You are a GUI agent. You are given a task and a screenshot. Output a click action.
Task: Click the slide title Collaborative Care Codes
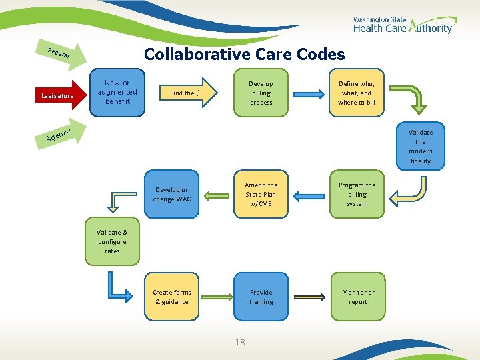[245, 55]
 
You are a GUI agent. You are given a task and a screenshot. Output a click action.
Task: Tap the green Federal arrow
[63, 54]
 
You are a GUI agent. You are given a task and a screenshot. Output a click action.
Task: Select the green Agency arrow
[60, 135]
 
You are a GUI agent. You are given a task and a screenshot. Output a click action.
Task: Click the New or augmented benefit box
[117, 93]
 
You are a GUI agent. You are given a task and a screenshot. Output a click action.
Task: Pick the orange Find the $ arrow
[187, 93]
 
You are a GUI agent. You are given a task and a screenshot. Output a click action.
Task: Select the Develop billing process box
[261, 93]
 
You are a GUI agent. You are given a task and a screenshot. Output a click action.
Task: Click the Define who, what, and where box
[357, 93]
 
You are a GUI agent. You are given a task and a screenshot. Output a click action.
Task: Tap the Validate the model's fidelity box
[420, 147]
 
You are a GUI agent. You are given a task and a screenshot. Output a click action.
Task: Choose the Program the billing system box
[357, 195]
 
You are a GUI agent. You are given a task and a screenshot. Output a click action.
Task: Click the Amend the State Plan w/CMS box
[261, 195]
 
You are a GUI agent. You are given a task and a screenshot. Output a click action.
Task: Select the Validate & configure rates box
[112, 242]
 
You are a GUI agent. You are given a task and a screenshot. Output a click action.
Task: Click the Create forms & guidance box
[171, 297]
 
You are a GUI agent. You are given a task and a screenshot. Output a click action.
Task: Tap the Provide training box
[261, 297]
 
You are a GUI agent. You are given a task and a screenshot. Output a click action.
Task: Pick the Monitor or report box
[358, 297]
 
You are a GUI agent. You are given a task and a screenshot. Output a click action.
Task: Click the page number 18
[240, 343]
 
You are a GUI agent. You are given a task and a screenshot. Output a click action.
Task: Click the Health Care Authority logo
[402, 25]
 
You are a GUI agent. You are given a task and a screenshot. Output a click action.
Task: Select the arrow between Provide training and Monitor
[309, 297]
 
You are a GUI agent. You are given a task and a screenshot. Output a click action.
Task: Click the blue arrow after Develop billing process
[309, 93]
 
